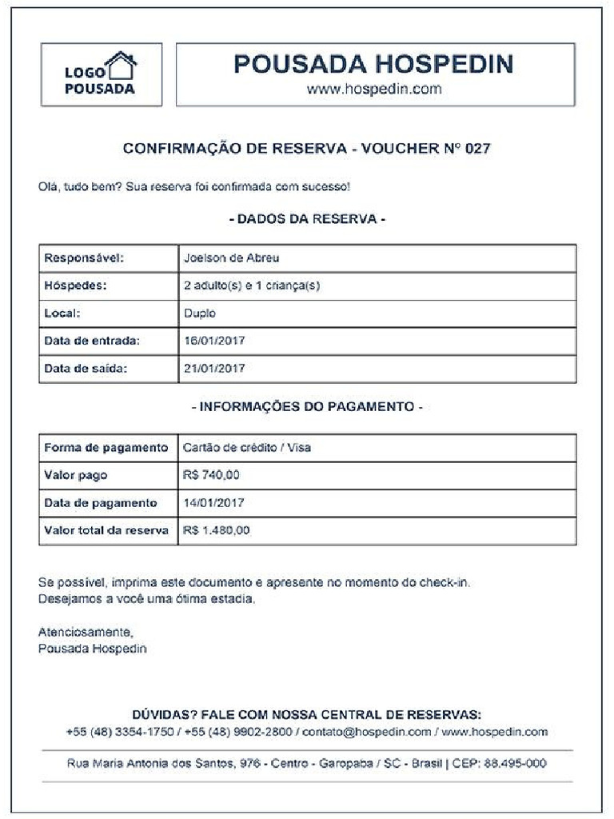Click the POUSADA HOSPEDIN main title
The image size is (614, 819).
pyautogui.click(x=373, y=64)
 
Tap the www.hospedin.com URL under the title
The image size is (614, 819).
pyautogui.click(x=374, y=89)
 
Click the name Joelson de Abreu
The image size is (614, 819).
pyautogui.click(x=231, y=258)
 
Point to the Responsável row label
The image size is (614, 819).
pyautogui.click(x=86, y=258)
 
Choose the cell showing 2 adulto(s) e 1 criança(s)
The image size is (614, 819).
pyautogui.click(x=252, y=286)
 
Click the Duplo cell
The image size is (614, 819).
pyautogui.click(x=200, y=314)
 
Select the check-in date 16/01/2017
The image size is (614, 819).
pyautogui.click(x=214, y=341)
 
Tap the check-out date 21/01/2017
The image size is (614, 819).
pyautogui.click(x=214, y=369)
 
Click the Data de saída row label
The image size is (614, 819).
pyautogui.click(x=86, y=369)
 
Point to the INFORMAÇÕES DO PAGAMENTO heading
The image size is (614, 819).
pyautogui.click(x=307, y=407)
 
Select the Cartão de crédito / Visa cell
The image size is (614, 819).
pyautogui.click(x=247, y=448)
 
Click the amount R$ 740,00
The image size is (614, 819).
pyautogui.click(x=211, y=475)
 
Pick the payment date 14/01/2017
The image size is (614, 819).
pyautogui.click(x=214, y=503)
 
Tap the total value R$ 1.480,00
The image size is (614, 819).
pyautogui.click(x=217, y=530)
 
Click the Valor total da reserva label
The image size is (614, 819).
pyautogui.click(x=106, y=530)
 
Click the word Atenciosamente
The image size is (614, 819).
pyautogui.click(x=86, y=632)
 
